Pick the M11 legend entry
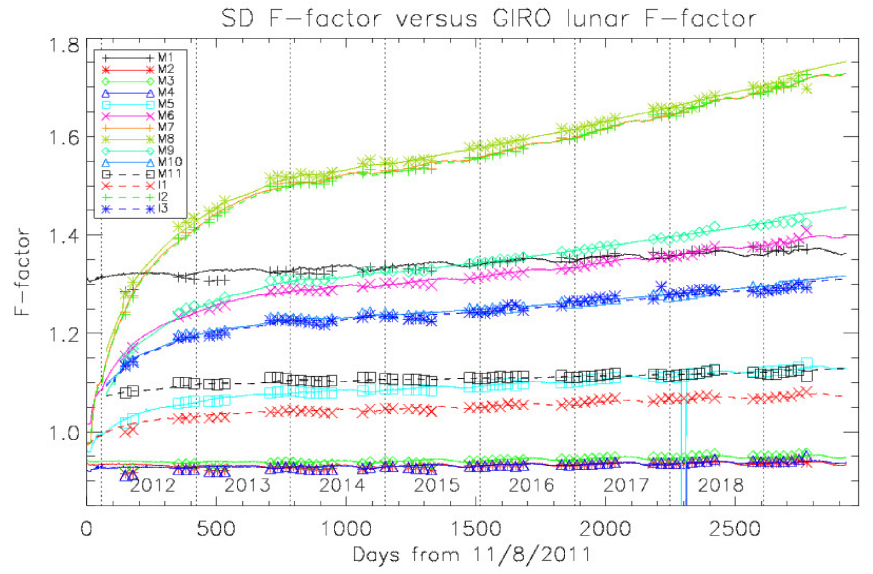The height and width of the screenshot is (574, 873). [170, 174]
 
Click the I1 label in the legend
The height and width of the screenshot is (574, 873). [162, 185]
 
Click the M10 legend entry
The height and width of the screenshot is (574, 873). [170, 162]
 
